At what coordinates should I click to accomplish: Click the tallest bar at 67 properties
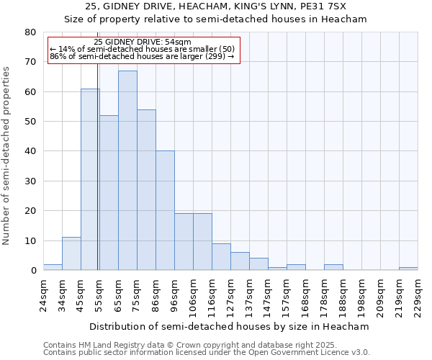(127, 171)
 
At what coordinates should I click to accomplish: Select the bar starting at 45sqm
(90, 179)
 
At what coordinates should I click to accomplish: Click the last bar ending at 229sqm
(408, 269)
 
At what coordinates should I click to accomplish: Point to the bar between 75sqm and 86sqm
(146, 190)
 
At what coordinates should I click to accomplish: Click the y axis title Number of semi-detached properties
(7, 156)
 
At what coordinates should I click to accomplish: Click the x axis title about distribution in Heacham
(229, 327)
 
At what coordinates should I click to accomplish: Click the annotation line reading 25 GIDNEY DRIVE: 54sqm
(143, 42)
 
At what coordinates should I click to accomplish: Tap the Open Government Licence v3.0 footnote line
(207, 353)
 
